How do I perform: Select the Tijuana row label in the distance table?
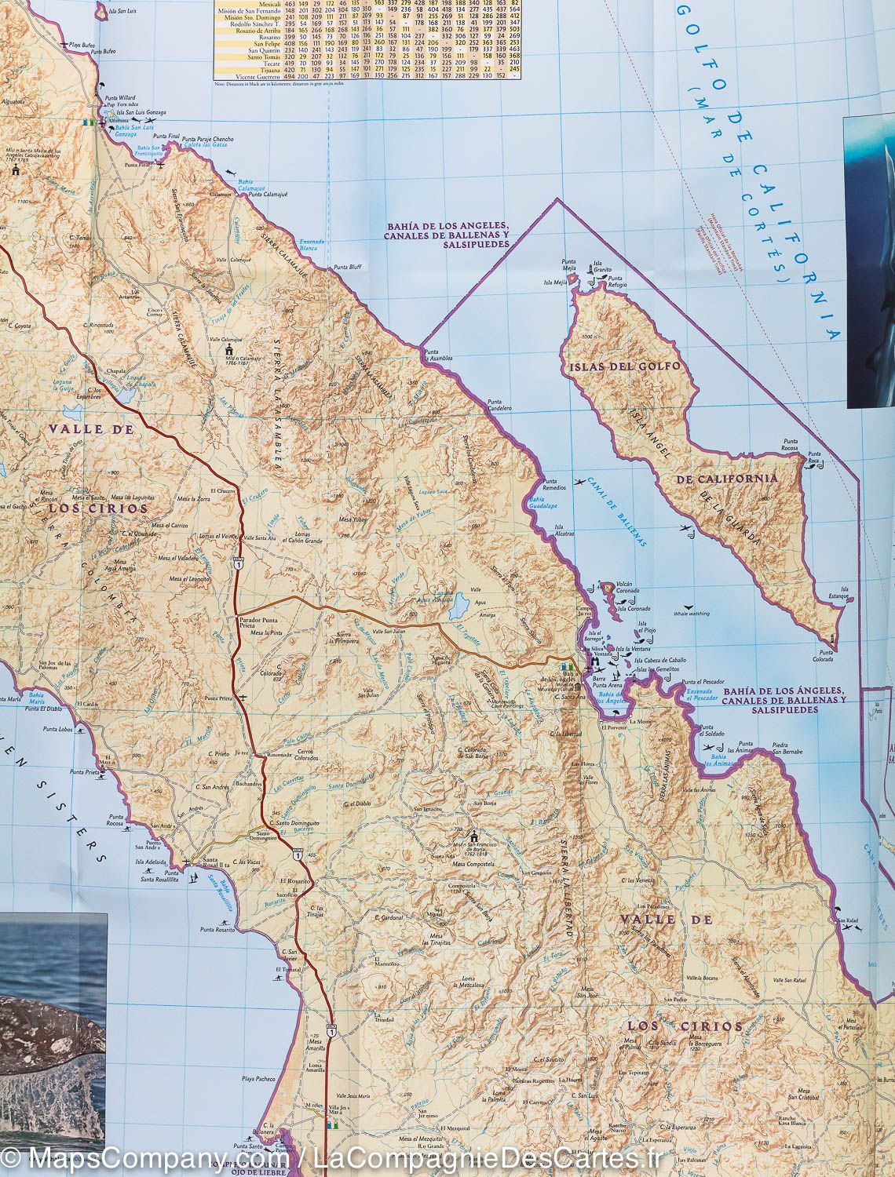pos(245,69)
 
